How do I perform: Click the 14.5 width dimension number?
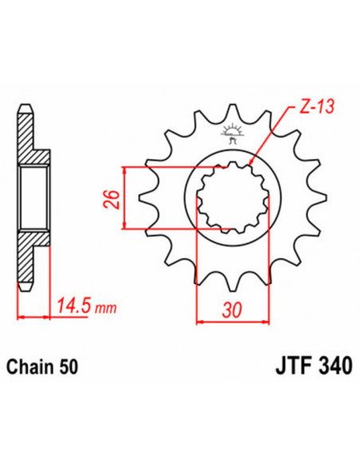72,304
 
